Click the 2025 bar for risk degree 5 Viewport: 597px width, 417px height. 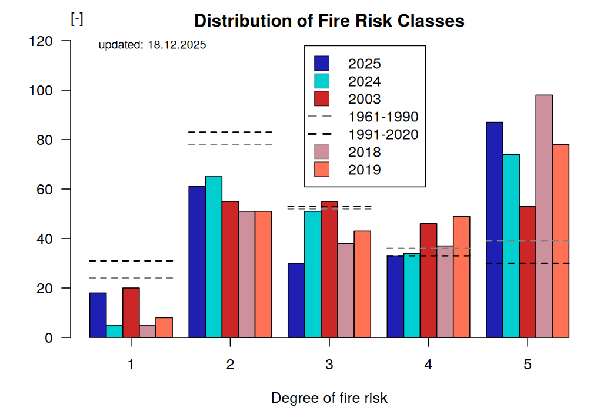[495, 230]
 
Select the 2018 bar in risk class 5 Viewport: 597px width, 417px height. [544, 216]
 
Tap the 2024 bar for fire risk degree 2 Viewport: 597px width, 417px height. [214, 257]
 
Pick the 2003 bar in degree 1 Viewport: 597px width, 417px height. [131, 313]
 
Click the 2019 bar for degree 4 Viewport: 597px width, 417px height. [462, 277]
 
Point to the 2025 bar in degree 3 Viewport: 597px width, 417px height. [296, 300]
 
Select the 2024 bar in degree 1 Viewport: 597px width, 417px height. [115, 331]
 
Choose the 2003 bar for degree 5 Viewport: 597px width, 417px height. [528, 272]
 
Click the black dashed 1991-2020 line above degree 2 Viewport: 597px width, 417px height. [230, 132]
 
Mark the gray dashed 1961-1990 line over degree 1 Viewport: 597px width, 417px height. [131, 278]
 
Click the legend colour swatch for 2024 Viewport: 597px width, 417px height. [322, 81]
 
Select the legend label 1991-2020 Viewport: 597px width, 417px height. [383, 134]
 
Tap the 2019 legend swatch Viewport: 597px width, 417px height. [322, 170]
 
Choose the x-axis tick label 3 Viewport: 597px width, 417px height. [329, 365]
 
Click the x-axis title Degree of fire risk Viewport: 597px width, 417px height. [329, 398]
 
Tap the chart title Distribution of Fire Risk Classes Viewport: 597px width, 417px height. [329, 21]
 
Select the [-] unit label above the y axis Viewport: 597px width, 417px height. [76, 19]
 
